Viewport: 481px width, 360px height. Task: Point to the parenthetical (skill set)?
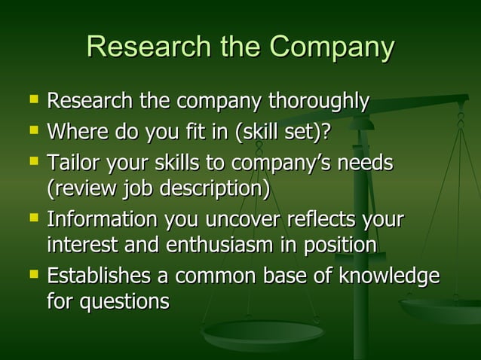tap(283, 133)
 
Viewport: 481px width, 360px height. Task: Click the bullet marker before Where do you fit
tap(32, 132)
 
